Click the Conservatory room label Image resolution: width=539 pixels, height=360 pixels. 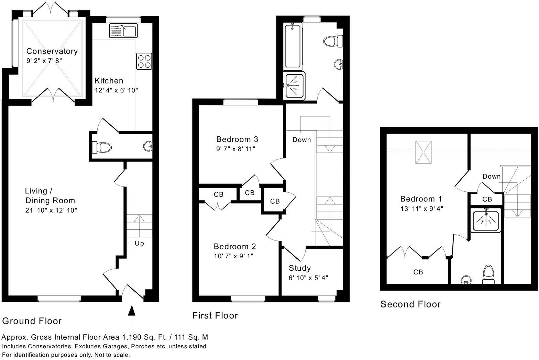[x=52, y=51]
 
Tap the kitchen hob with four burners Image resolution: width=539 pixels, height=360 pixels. [x=144, y=61]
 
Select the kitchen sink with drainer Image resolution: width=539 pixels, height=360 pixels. [x=123, y=31]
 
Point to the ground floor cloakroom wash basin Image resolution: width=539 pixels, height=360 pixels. [x=148, y=146]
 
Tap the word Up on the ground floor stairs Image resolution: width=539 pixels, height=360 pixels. [x=139, y=243]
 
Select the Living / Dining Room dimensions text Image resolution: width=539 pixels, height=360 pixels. [x=51, y=210]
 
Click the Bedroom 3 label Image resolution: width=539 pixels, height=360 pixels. [x=237, y=139]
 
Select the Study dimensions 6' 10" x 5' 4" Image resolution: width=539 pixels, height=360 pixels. [x=308, y=278]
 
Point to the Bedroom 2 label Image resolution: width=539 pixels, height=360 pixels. [x=235, y=246]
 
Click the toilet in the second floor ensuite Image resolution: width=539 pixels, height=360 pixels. [x=488, y=274]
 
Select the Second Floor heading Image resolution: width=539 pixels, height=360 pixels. [x=410, y=304]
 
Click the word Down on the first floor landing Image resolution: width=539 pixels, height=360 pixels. [x=302, y=139]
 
